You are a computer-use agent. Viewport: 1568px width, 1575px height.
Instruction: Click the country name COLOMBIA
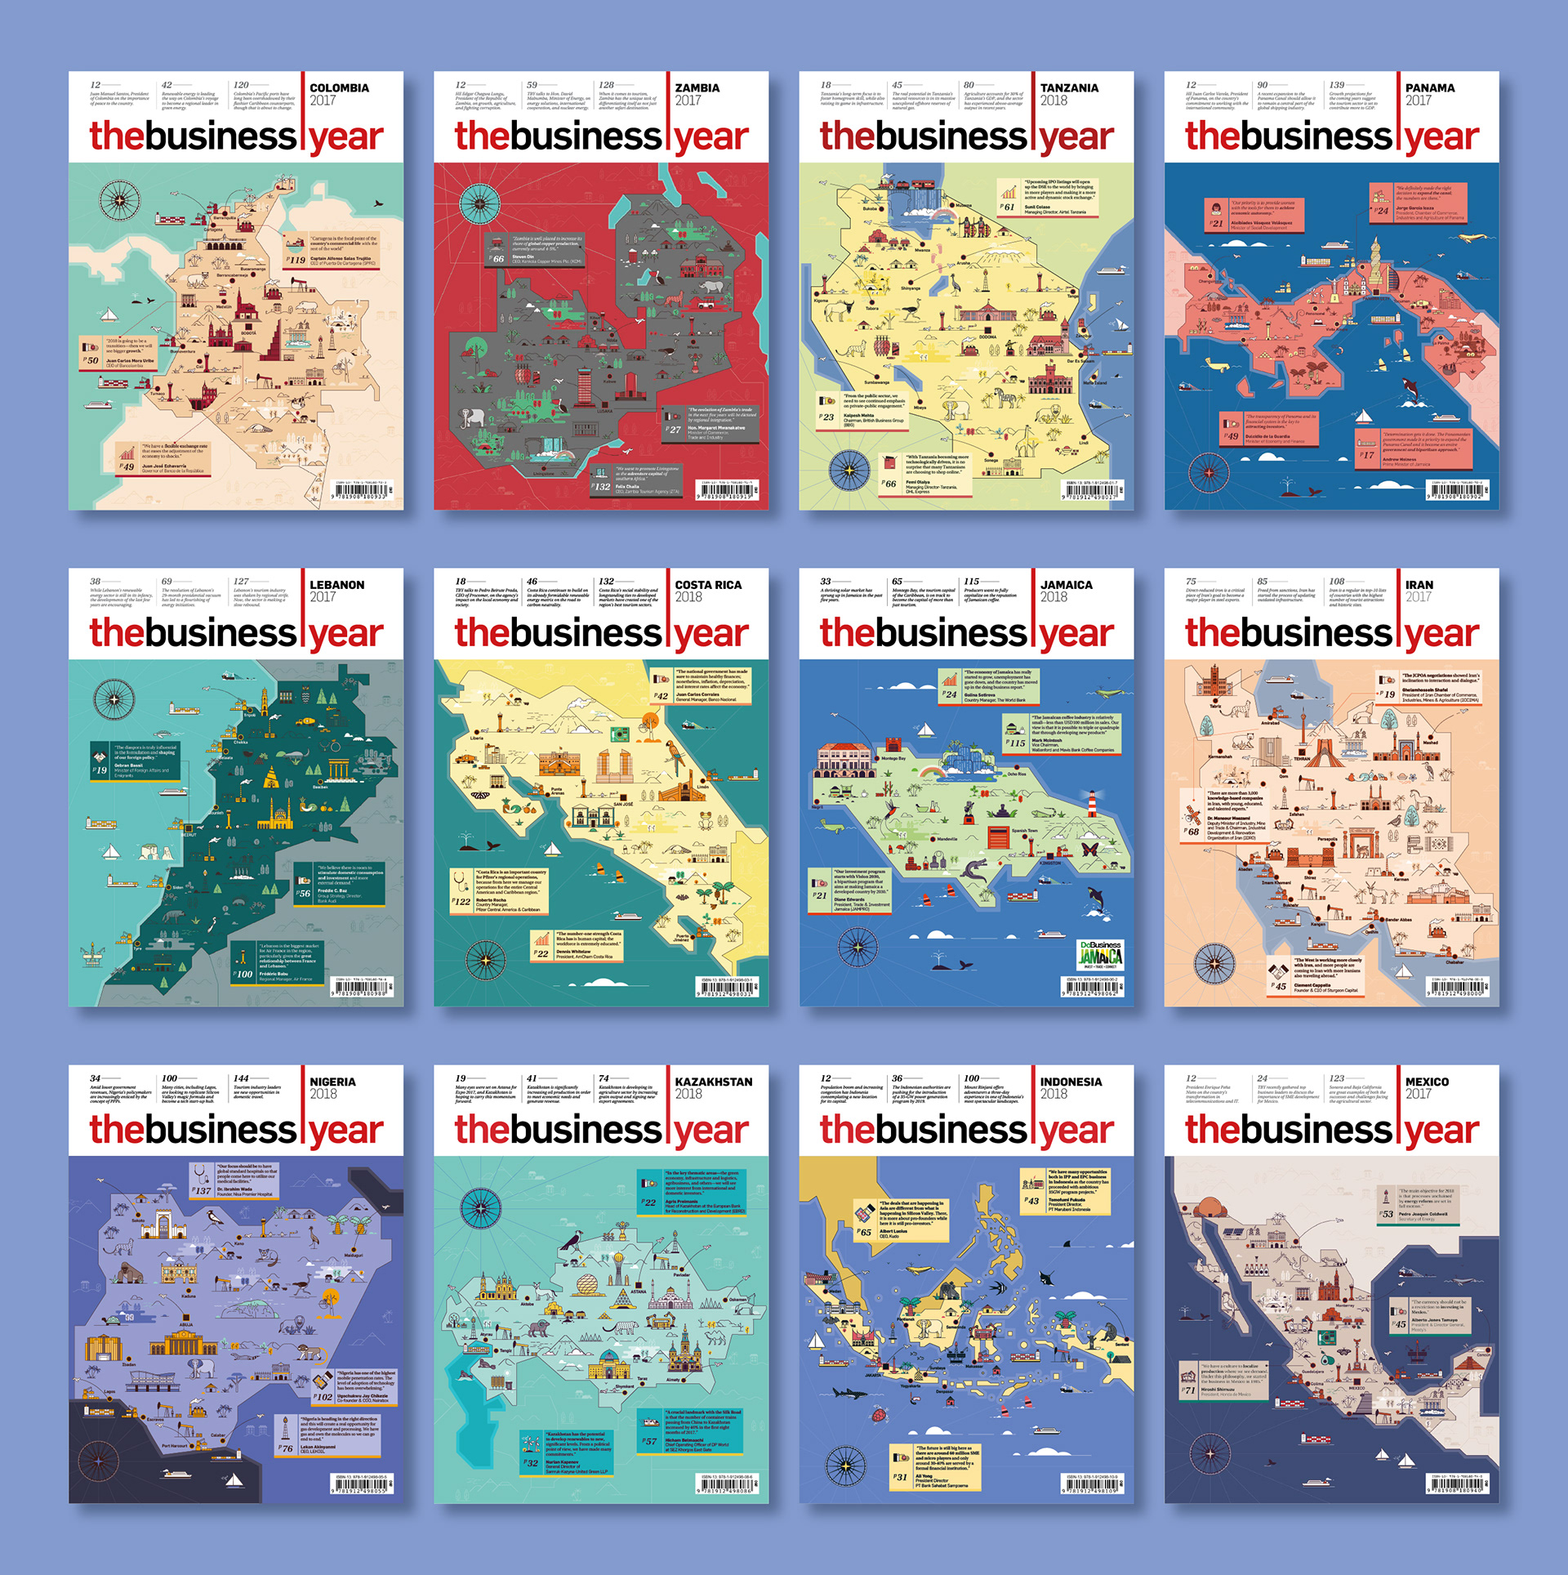pyautogui.click(x=339, y=88)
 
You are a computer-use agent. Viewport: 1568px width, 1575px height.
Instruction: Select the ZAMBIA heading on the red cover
pyautogui.click(x=697, y=88)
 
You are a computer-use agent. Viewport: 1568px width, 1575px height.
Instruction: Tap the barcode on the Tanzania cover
pyautogui.click(x=1092, y=493)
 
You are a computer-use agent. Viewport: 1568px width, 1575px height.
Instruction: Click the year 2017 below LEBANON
pyautogui.click(x=323, y=597)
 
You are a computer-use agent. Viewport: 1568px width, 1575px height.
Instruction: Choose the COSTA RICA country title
pyautogui.click(x=708, y=585)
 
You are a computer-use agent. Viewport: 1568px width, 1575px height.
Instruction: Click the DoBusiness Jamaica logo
pyautogui.click(x=1100, y=954)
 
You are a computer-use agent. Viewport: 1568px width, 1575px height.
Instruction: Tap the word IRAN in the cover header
pyautogui.click(x=1419, y=585)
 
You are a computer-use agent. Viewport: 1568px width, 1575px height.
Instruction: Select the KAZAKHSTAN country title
pyautogui.click(x=713, y=1082)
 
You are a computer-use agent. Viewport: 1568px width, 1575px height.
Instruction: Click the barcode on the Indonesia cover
pyautogui.click(x=1092, y=1485)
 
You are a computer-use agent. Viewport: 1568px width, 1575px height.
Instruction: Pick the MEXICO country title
pyautogui.click(x=1427, y=1082)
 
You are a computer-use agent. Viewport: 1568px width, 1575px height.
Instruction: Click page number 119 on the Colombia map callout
pyautogui.click(x=296, y=261)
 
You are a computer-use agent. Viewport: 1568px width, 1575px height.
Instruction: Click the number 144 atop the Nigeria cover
pyautogui.click(x=241, y=1078)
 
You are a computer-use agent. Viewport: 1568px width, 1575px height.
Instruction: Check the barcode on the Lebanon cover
pyautogui.click(x=362, y=988)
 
